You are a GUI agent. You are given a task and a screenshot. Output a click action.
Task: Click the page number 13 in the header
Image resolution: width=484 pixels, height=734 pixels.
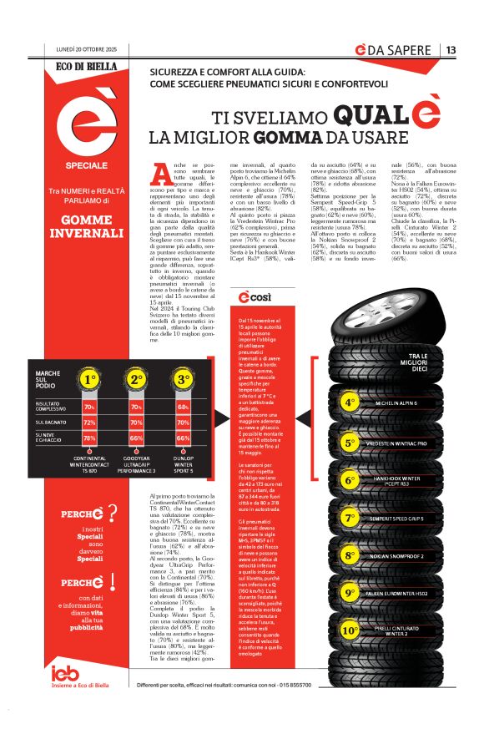click(451, 50)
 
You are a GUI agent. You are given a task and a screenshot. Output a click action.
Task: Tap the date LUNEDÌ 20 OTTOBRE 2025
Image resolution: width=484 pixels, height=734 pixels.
click(87, 51)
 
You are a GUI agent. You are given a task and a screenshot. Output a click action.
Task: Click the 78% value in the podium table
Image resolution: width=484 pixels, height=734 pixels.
click(89, 438)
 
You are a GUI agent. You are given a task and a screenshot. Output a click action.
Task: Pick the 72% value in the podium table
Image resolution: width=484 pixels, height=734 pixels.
click(89, 423)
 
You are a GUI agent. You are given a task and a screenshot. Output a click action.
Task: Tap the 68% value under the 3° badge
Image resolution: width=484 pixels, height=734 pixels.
click(183, 407)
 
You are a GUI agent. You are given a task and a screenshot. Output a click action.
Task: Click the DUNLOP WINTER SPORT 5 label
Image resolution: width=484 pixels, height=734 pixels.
click(184, 464)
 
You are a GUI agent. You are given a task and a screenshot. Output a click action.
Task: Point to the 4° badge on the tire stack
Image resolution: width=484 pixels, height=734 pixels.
click(350, 403)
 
